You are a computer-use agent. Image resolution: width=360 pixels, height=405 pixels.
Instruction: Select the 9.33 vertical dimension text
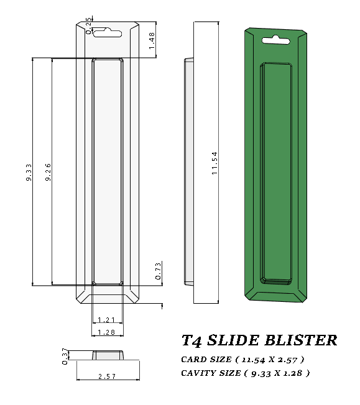[29, 172]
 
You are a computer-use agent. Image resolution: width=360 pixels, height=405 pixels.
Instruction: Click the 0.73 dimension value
[158, 270]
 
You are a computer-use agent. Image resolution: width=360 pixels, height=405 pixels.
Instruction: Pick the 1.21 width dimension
[107, 320]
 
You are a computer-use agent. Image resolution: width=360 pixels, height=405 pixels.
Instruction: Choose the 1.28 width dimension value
[107, 333]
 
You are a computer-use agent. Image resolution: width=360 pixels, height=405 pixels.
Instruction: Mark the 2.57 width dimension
[107, 376]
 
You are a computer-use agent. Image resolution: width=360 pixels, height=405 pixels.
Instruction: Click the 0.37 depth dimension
[65, 356]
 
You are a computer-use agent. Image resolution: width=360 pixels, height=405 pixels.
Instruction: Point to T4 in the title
[190, 340]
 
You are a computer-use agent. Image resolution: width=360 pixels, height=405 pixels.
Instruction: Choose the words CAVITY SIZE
[210, 373]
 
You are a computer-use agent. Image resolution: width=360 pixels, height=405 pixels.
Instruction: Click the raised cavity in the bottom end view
[107, 355]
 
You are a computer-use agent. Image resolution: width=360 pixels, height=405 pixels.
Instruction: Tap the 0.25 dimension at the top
[89, 25]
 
